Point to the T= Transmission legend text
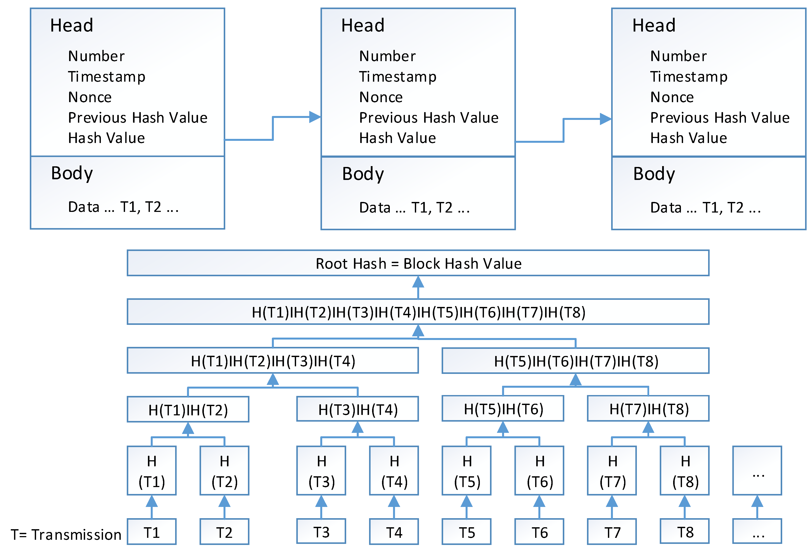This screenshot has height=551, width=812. coord(66,535)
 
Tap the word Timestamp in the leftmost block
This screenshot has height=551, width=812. coord(106,76)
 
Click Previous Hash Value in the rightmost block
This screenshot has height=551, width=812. coord(720,118)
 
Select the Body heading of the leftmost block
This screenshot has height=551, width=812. coord(72,173)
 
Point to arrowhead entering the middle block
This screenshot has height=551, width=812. coord(314,117)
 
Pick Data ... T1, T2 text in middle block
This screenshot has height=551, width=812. coord(414,208)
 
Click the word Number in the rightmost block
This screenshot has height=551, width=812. coord(679,56)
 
